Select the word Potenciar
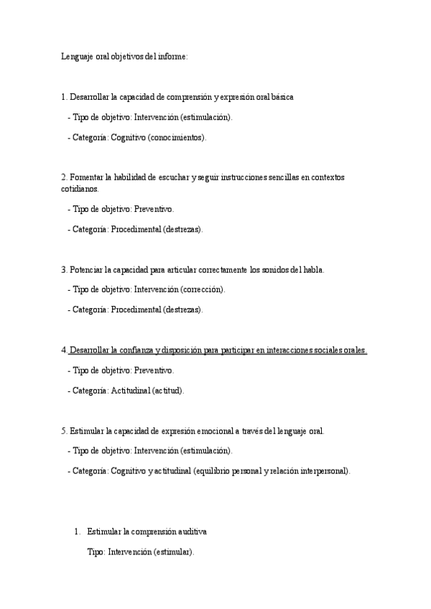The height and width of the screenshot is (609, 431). (86, 269)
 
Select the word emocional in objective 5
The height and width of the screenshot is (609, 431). (231, 431)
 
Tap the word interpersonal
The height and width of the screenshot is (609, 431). (323, 471)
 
